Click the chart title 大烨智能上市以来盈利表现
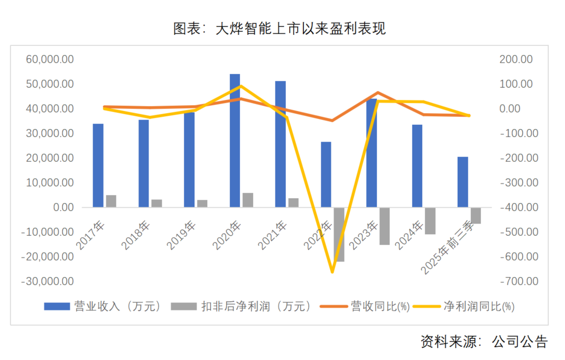(280, 29)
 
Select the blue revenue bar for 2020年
(235, 140)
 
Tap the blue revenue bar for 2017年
(98, 165)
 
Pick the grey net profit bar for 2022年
(339, 234)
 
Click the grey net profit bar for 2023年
(384, 226)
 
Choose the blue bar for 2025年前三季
(462, 182)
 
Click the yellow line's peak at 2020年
(241, 86)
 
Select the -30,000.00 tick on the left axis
(47, 281)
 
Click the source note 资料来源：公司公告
(484, 341)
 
